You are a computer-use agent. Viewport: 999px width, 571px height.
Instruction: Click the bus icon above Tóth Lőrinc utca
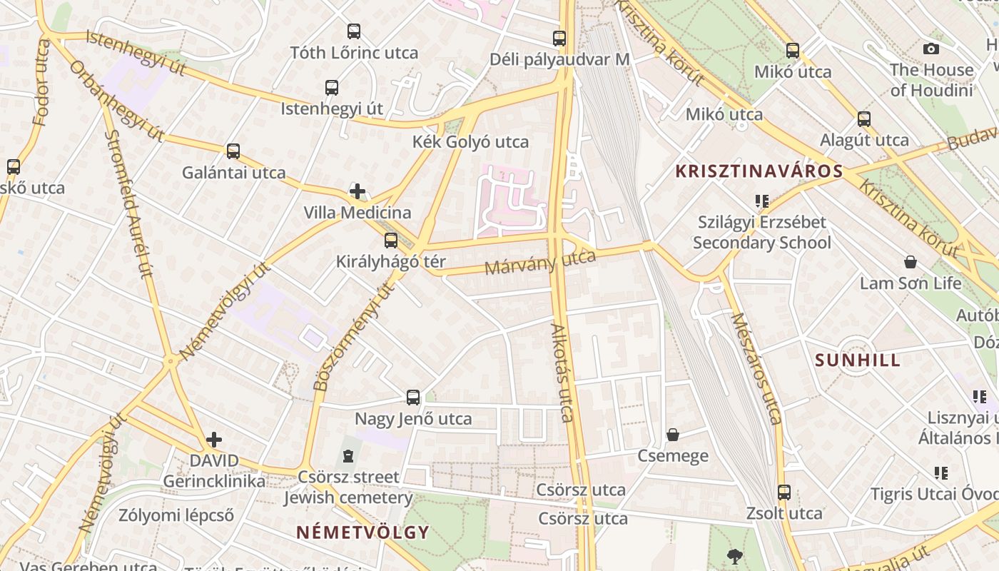pos(354,31)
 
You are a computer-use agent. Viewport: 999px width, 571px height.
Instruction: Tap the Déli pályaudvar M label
pos(559,59)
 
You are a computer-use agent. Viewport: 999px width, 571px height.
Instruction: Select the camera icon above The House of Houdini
pos(930,49)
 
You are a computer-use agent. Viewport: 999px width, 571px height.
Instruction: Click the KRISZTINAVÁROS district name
pos(759,171)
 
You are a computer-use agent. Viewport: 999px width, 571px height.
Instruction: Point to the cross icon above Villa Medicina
pos(357,191)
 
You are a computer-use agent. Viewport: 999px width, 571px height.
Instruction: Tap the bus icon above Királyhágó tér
pos(390,241)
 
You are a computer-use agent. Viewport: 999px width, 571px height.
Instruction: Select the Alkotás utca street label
pos(563,373)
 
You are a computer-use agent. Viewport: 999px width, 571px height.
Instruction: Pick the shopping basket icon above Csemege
pos(672,434)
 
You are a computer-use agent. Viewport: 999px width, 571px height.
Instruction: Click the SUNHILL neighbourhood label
pos(858,360)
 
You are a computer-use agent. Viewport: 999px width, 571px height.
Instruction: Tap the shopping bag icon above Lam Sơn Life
pos(910,262)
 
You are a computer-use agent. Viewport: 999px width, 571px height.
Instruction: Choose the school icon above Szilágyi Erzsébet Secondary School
pos(762,201)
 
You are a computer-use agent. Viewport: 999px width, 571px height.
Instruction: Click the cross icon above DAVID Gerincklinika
pos(214,440)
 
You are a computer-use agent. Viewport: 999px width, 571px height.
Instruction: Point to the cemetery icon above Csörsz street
pos(348,455)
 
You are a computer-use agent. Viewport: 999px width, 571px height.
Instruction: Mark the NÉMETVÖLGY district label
pos(362,532)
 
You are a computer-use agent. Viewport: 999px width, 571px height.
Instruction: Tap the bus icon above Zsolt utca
pos(784,492)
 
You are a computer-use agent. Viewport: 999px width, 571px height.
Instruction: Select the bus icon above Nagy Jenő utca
pos(413,398)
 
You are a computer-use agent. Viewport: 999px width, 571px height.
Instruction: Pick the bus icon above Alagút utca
pos(864,118)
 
